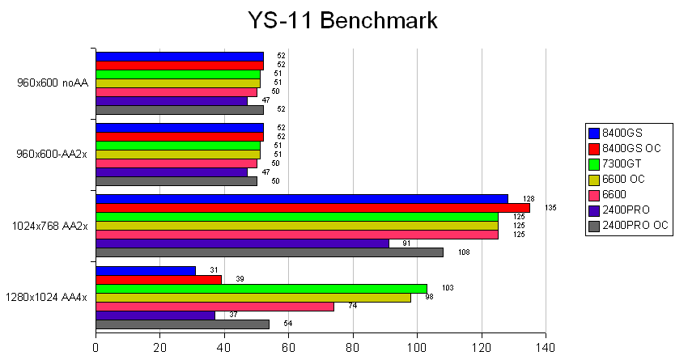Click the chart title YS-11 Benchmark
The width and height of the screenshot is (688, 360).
click(343, 20)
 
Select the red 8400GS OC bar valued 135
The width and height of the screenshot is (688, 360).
click(312, 208)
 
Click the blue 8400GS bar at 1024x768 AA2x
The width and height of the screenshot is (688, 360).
click(302, 199)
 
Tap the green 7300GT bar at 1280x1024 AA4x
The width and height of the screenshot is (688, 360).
click(261, 288)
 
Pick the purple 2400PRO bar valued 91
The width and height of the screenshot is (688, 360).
click(242, 244)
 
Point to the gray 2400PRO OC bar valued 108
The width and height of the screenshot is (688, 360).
click(270, 252)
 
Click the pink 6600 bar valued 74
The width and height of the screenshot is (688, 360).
click(214, 306)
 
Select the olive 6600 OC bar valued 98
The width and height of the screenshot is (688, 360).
click(253, 297)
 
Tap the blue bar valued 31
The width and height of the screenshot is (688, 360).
click(146, 270)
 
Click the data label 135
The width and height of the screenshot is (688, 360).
click(551, 208)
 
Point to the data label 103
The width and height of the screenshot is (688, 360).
click(448, 288)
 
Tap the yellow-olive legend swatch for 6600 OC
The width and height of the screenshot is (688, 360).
click(594, 178)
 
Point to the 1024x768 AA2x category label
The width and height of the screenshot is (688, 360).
click(48, 225)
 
